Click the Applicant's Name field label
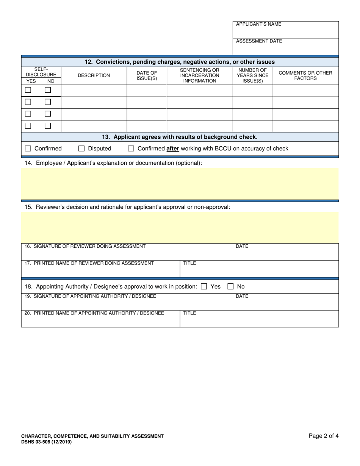(x=258, y=24)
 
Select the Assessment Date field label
(x=259, y=41)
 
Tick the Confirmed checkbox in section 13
(x=28, y=149)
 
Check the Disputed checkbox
(x=81, y=149)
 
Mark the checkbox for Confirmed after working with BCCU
(x=131, y=149)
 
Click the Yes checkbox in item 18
(x=204, y=287)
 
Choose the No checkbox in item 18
(x=231, y=287)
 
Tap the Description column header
(x=94, y=75)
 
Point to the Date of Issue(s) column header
(x=147, y=75)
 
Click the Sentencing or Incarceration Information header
(x=199, y=75)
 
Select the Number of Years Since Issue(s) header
(x=252, y=75)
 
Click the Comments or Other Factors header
(x=305, y=75)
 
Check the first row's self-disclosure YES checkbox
(x=28, y=90)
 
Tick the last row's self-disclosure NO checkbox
(x=48, y=125)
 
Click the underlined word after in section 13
(x=173, y=149)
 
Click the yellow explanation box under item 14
(x=180, y=183)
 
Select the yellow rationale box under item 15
(x=180, y=227)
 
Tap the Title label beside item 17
(x=189, y=263)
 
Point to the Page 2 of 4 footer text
(x=324, y=436)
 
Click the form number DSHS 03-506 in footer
(x=46, y=442)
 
